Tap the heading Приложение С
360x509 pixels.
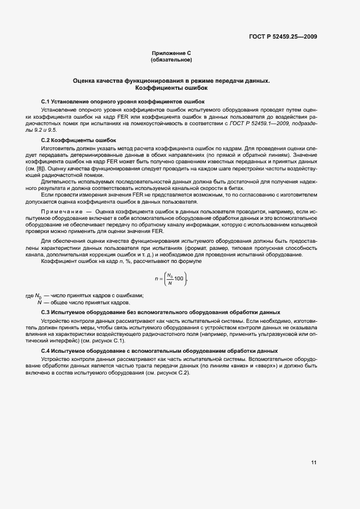pos(172,53)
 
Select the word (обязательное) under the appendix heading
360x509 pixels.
pos(172,59)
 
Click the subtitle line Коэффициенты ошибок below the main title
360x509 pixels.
pos(172,88)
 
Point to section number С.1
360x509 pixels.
pos(46,102)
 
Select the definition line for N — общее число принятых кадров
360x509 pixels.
pos(83,302)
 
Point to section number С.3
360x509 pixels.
pos(46,312)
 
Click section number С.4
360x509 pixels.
pos(46,351)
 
